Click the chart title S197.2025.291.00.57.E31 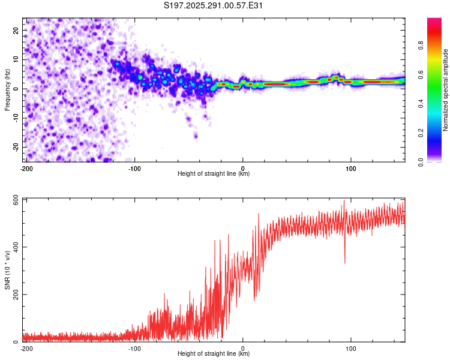(x=214, y=6)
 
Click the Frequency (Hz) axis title (x=7, y=89)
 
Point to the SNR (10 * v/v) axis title (x=7, y=269)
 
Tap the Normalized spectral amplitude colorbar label (x=446, y=89)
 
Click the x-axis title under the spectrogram (x=214, y=173)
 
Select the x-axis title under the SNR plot (x=214, y=353)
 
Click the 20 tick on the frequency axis (x=16, y=30)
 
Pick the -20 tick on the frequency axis (x=15, y=147)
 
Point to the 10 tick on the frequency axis (x=16, y=59)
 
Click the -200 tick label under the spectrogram (x=26, y=168)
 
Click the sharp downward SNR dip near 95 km (x=344, y=262)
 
